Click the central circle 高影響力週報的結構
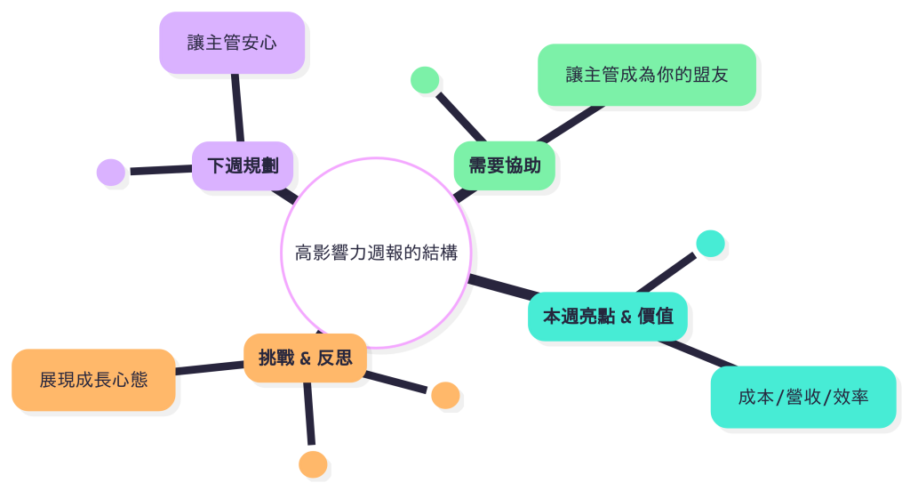[x=376, y=253]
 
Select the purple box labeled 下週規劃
[x=243, y=165]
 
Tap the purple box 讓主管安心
[x=232, y=43]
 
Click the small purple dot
[x=111, y=173]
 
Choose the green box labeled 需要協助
[x=505, y=165]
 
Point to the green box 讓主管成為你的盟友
[x=646, y=75]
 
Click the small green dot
[x=426, y=80]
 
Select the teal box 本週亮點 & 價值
[x=608, y=316]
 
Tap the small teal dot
[x=710, y=244]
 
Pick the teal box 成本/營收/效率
[x=802, y=397]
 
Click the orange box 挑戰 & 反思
[x=305, y=358]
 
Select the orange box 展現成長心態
[x=93, y=380]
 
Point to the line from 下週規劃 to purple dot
[x=160, y=170]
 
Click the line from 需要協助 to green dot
[x=460, y=114]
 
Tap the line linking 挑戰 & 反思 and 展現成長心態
[x=210, y=366]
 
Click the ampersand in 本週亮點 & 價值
[x=626, y=316]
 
